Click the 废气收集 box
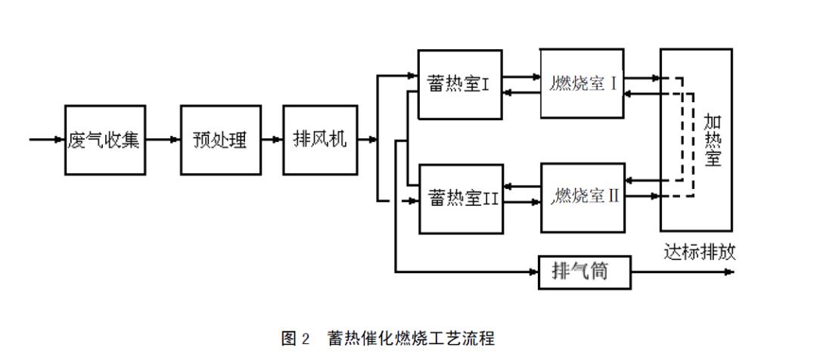click(x=104, y=140)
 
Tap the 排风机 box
click(x=319, y=140)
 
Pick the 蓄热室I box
click(x=459, y=85)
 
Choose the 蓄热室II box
click(x=461, y=198)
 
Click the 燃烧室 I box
click(x=583, y=84)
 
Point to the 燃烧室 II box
click(x=583, y=197)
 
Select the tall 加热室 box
click(x=696, y=140)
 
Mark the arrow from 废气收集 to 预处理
click(x=163, y=140)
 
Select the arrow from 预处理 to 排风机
click(x=270, y=140)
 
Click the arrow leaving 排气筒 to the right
click(x=681, y=272)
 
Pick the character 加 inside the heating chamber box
click(x=712, y=120)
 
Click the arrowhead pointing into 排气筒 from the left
click(x=533, y=272)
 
